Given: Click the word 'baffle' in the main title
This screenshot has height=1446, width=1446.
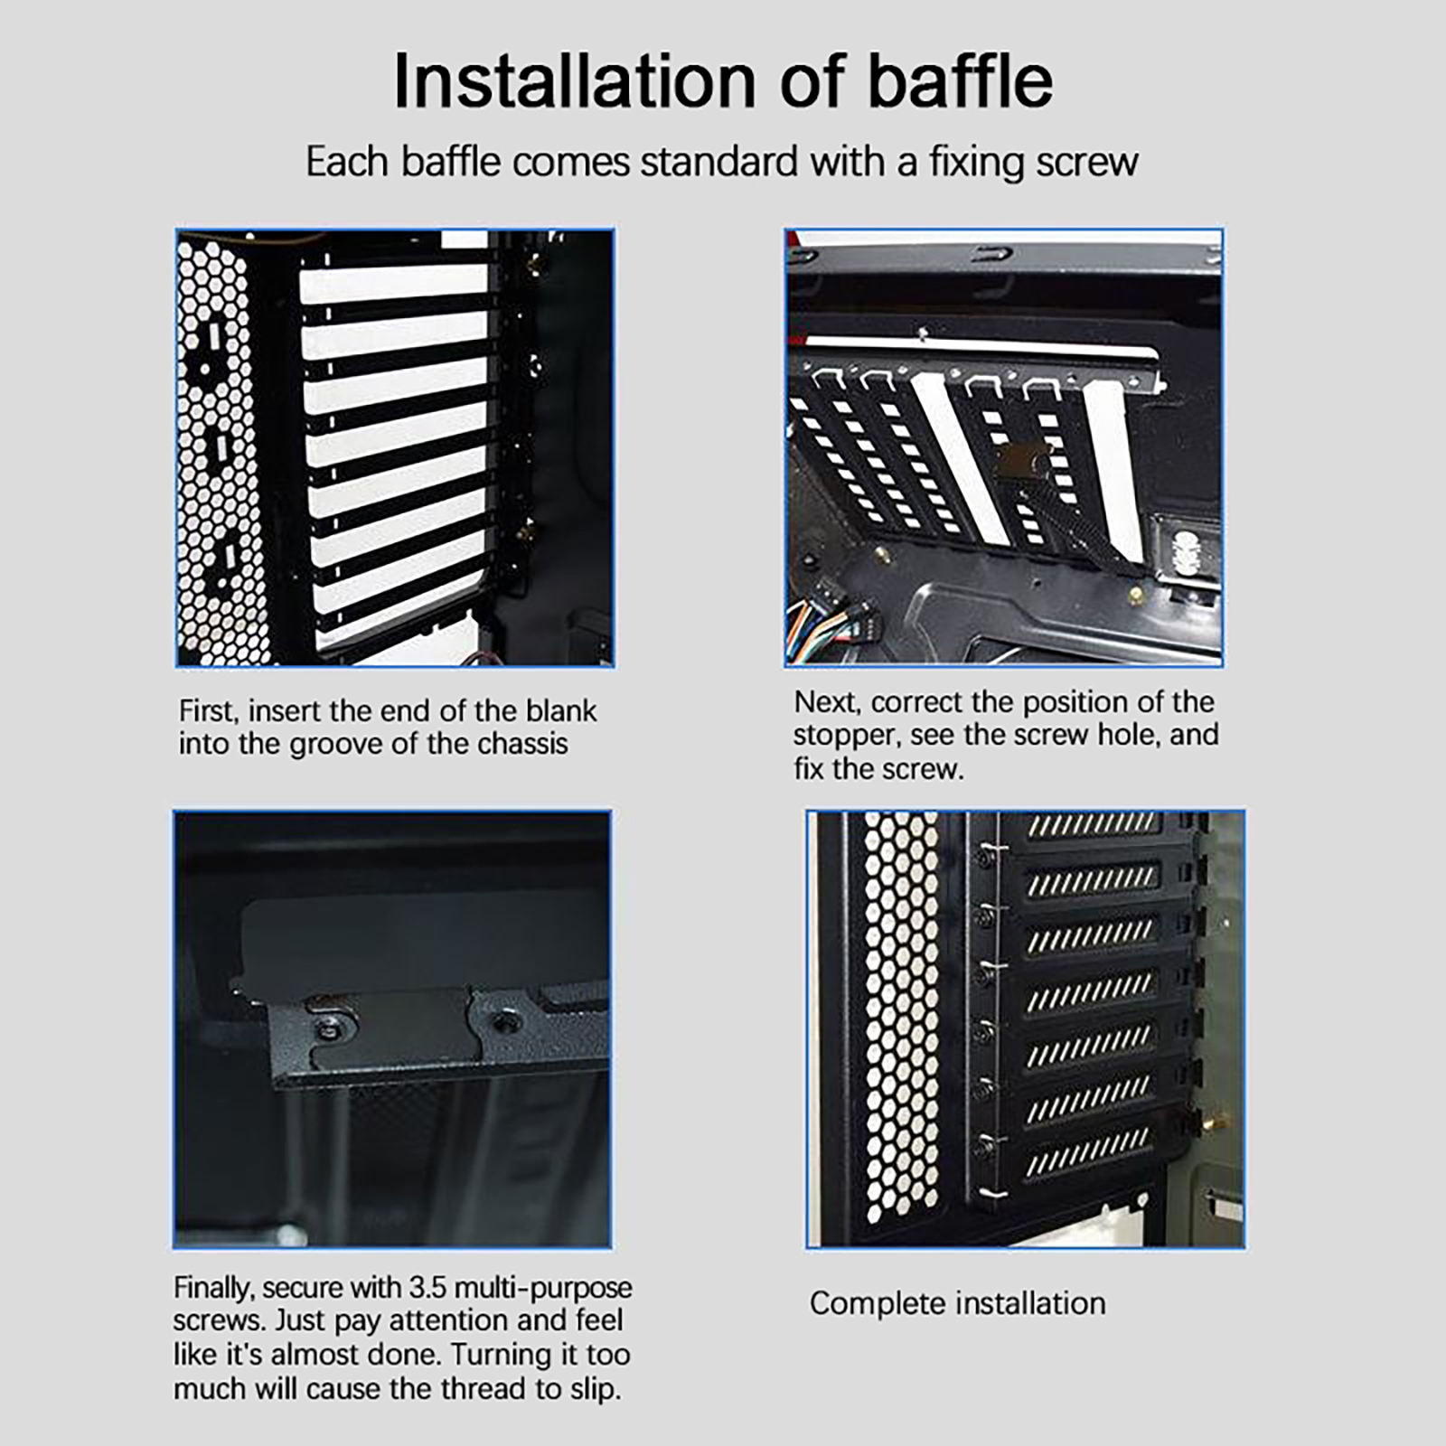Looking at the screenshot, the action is (961, 80).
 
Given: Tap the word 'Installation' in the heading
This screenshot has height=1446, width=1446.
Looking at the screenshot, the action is (574, 80).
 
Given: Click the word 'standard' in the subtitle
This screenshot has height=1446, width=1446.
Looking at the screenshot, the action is (718, 162).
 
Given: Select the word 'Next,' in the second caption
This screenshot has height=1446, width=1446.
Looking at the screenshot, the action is (829, 702).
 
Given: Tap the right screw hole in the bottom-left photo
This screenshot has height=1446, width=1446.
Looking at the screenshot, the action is (502, 1023).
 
